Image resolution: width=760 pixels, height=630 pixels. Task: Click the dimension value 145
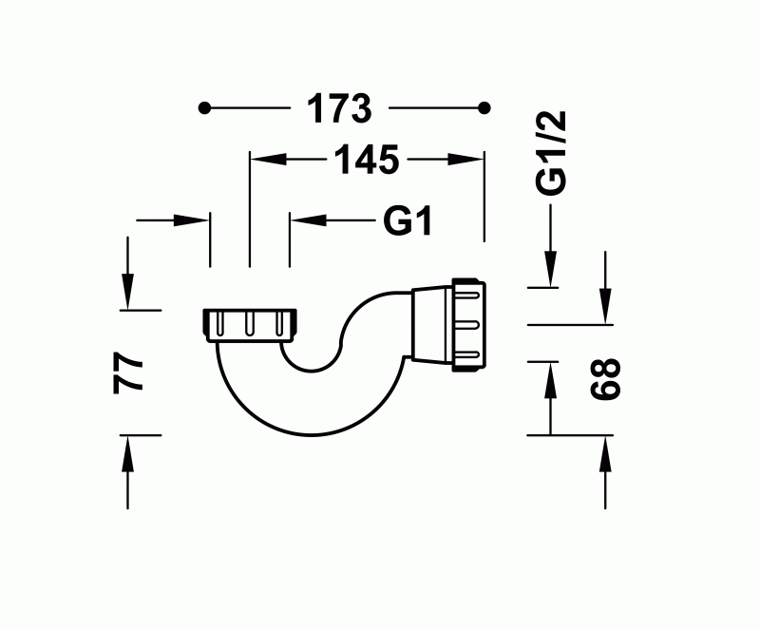pos(365,162)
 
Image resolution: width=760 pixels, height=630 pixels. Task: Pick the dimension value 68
pos(605,378)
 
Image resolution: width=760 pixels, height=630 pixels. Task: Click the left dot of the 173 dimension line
pos(203,108)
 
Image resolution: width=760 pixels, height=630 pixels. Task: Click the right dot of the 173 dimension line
pos(485,108)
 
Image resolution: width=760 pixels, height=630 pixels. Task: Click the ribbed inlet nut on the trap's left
pos(250,324)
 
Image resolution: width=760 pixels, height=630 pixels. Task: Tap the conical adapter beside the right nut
pos(432,324)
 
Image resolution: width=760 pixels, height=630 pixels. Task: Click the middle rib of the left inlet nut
pos(250,325)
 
